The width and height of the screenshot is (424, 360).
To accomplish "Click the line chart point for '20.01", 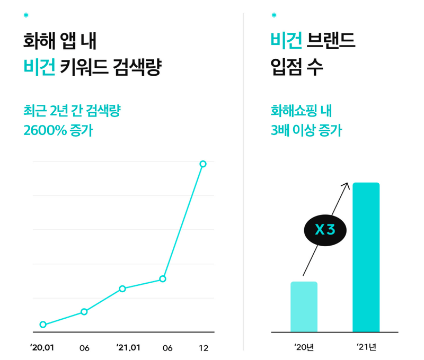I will coord(43,325).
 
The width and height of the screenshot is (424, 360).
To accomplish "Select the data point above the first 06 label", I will coord(84,312).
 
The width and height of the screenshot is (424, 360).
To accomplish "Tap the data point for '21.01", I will coord(122,289).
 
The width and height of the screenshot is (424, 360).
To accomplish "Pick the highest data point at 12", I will coord(203,164).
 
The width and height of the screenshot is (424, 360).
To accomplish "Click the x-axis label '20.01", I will coord(42,348).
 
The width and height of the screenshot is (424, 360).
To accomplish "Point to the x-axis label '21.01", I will coord(128,348).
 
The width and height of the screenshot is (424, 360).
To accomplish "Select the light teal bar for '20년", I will coord(304,307).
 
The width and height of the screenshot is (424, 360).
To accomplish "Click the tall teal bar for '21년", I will coord(366,257).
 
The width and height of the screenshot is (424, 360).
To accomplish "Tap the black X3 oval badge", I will coord(325,230).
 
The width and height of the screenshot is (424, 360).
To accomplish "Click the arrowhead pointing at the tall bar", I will coord(347,184).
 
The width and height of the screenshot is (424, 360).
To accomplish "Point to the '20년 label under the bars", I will coord(304,347).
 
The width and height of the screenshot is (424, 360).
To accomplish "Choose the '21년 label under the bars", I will coord(366,347).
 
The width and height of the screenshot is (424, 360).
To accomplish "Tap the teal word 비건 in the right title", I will coord(286,40).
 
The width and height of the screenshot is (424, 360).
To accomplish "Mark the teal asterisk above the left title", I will coord(26,15).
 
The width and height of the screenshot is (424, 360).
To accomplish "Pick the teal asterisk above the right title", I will coord(273,15).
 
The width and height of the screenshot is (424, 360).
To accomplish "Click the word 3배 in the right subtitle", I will coord(280,130).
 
